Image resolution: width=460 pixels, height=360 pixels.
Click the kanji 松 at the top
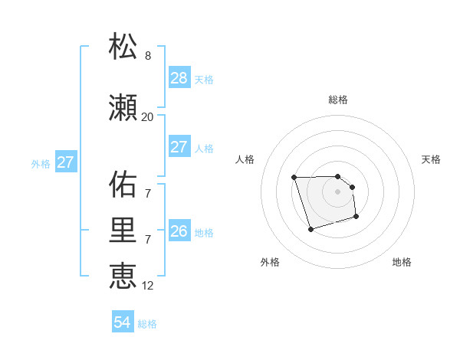tap(123, 47)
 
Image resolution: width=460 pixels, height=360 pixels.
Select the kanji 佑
tap(123, 185)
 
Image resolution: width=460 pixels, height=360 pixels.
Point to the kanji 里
tap(123, 231)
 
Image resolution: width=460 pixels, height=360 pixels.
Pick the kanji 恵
tap(123, 277)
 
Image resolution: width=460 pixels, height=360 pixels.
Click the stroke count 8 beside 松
tap(147, 55)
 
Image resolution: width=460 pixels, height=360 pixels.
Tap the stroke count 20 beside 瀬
tap(147, 116)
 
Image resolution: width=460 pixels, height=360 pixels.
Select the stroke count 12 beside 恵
tap(147, 285)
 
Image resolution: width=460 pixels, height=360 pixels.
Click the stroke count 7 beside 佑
tap(147, 193)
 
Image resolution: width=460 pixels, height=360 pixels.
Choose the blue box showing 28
tap(179, 78)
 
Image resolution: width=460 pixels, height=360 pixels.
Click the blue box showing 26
tap(179, 231)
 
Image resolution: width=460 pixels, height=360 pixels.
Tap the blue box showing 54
tap(122, 322)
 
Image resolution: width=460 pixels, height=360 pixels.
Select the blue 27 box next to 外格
tap(66, 162)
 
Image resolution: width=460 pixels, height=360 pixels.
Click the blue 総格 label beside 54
tap(147, 324)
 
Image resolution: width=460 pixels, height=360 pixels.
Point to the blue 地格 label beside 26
tap(204, 233)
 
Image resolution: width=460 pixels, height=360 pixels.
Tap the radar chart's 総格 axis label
tap(338, 100)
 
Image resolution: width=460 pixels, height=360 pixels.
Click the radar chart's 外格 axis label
tap(270, 262)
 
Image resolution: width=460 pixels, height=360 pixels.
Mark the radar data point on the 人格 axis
tap(294, 178)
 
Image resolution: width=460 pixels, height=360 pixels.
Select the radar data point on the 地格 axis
tap(356, 218)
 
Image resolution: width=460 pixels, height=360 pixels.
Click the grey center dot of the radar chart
tap(338, 191)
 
